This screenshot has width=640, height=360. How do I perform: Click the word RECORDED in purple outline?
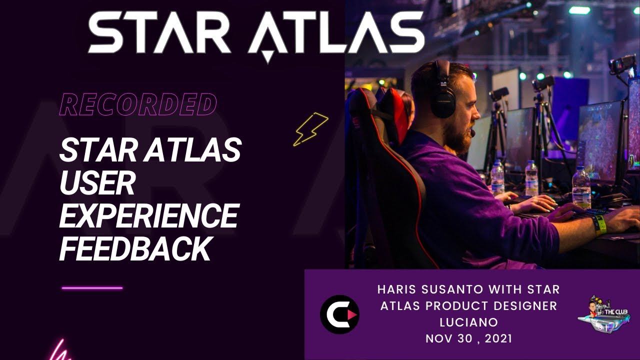pyautogui.click(x=138, y=104)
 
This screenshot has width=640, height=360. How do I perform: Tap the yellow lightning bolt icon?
pyautogui.click(x=310, y=129)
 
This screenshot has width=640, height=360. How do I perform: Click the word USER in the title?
pyautogui.click(x=97, y=184)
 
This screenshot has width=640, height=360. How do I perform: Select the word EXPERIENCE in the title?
pyautogui.click(x=148, y=216)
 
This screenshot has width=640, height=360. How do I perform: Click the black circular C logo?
pyautogui.click(x=339, y=314)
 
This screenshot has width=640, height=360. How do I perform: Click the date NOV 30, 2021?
pyautogui.click(x=468, y=338)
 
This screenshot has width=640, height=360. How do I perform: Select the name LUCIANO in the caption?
pyautogui.click(x=468, y=322)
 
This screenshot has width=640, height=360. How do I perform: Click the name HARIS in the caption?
pyautogui.click(x=397, y=289)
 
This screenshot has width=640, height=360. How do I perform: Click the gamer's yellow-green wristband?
pyautogui.click(x=599, y=225)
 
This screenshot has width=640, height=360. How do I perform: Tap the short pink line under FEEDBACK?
pyautogui.click(x=92, y=288)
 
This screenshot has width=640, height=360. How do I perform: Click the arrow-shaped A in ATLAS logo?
pyautogui.click(x=268, y=37)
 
